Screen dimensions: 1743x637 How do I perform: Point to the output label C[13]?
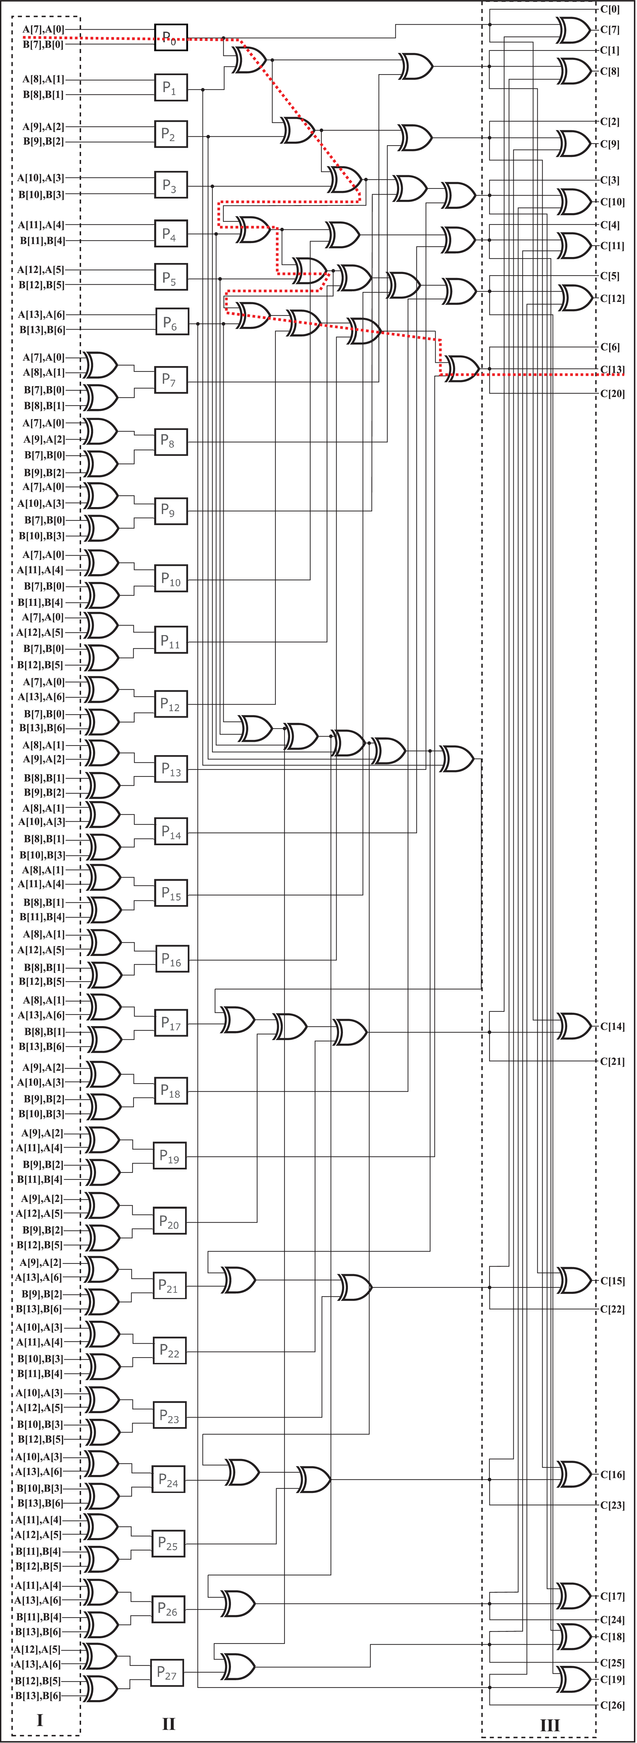612,369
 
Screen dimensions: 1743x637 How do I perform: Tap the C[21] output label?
612,1061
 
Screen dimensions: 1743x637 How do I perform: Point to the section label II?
168,1723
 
